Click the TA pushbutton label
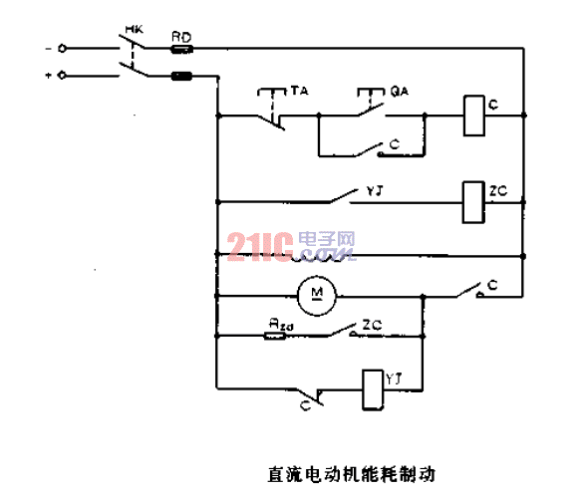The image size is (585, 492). [296, 91]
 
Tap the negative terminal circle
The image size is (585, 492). [65, 47]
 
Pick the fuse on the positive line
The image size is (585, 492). [182, 76]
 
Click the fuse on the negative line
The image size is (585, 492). [181, 47]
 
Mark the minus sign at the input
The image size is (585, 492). [47, 47]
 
